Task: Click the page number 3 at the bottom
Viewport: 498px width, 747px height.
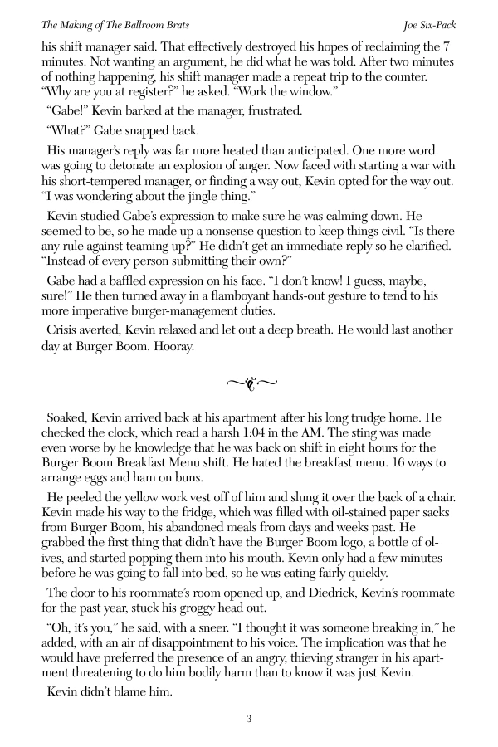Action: [248, 719]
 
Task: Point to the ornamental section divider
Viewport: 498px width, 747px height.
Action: [250, 383]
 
